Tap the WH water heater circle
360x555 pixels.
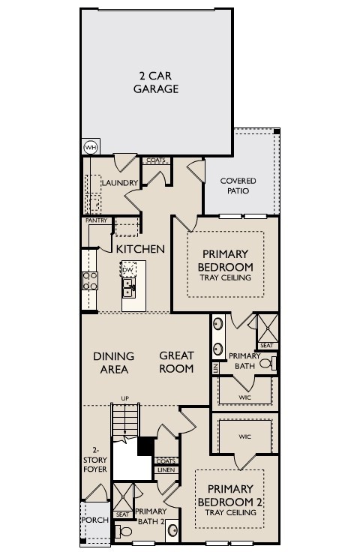(90, 147)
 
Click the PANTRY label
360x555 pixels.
(96, 220)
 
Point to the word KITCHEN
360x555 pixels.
(140, 248)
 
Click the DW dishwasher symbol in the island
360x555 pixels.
(128, 269)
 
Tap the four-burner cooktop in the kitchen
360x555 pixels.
(89, 280)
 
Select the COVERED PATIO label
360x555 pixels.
(238, 186)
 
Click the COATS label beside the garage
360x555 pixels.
(156, 160)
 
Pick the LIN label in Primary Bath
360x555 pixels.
(215, 368)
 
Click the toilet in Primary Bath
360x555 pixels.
(273, 364)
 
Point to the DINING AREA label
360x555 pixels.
(114, 362)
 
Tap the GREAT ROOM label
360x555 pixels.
(176, 362)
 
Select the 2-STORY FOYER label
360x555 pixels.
(94, 459)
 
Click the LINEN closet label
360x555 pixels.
(166, 470)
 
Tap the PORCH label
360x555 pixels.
(94, 520)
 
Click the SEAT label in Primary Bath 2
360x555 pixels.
(121, 514)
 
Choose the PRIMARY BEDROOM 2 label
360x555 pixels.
(230, 495)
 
